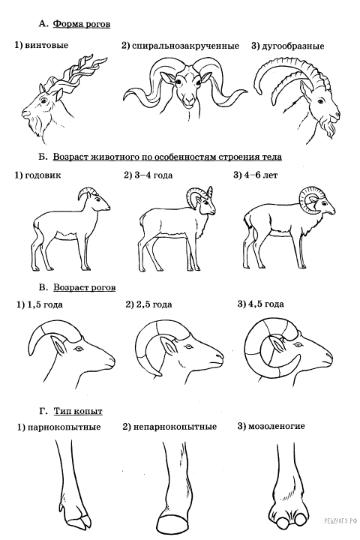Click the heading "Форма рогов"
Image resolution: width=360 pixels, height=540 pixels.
82,25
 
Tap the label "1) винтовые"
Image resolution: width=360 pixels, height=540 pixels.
41,45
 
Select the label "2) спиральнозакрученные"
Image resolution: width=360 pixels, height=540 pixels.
180,46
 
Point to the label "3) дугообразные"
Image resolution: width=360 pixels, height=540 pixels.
288,46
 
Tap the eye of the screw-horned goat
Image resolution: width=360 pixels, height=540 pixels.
43,101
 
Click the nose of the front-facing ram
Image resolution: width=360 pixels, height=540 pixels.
188,100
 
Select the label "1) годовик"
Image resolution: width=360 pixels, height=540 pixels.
37,175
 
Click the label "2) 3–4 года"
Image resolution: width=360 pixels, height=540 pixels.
148,175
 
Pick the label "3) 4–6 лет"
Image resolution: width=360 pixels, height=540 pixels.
255,175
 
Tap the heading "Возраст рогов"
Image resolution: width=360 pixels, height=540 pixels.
85,287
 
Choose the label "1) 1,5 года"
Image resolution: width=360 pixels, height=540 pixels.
40,304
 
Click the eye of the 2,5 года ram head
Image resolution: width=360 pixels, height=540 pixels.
187,346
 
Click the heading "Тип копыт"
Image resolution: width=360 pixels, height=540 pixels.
78,411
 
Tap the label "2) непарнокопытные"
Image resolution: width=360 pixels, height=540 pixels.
169,427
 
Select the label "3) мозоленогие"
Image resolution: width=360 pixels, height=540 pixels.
271,426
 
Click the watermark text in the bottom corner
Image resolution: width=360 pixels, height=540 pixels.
339,521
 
